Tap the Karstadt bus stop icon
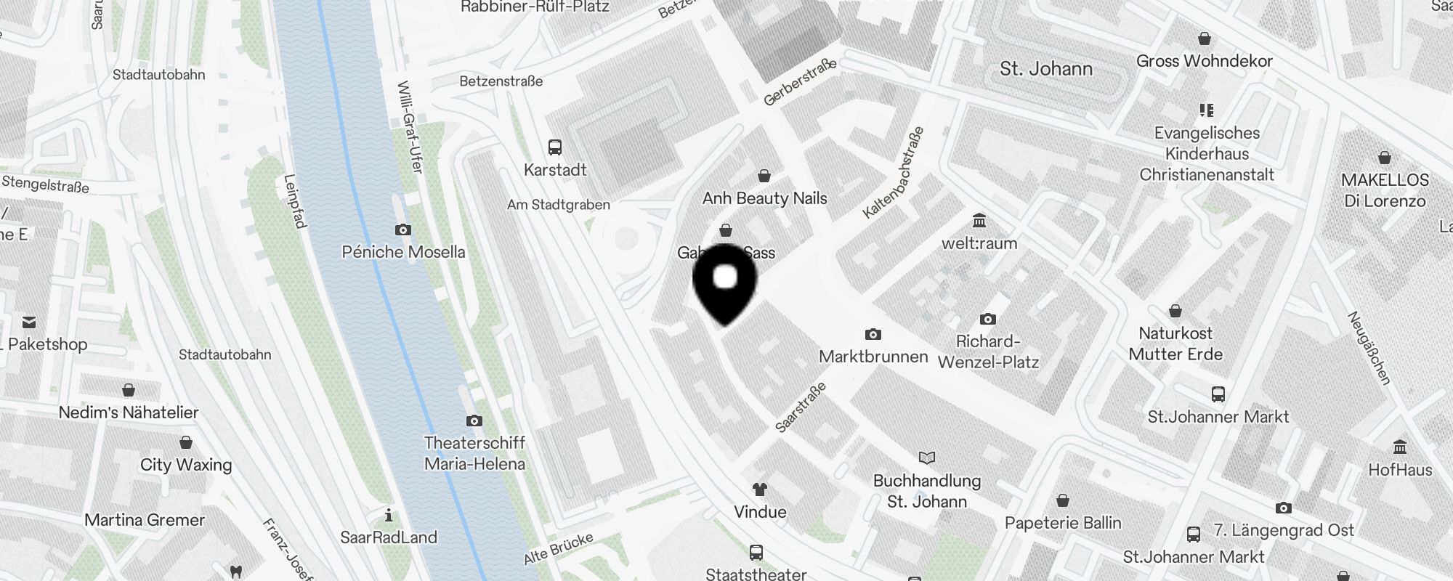tap(555, 147)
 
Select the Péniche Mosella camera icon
tap(403, 230)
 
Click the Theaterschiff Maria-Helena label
tap(474, 453)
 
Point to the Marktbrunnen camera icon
tap(873, 334)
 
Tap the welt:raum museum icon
tap(979, 221)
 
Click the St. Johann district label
tap(1045, 69)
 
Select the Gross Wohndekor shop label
tap(1204, 61)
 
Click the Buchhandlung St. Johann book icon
tap(927, 458)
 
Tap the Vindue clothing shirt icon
tap(760, 489)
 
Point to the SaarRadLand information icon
tap(389, 516)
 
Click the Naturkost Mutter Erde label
tap(1175, 344)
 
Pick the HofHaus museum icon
tap(1400, 447)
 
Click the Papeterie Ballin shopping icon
tap(1063, 500)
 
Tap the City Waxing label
tap(186, 465)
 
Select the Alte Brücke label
tap(559, 548)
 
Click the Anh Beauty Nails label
tap(764, 198)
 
